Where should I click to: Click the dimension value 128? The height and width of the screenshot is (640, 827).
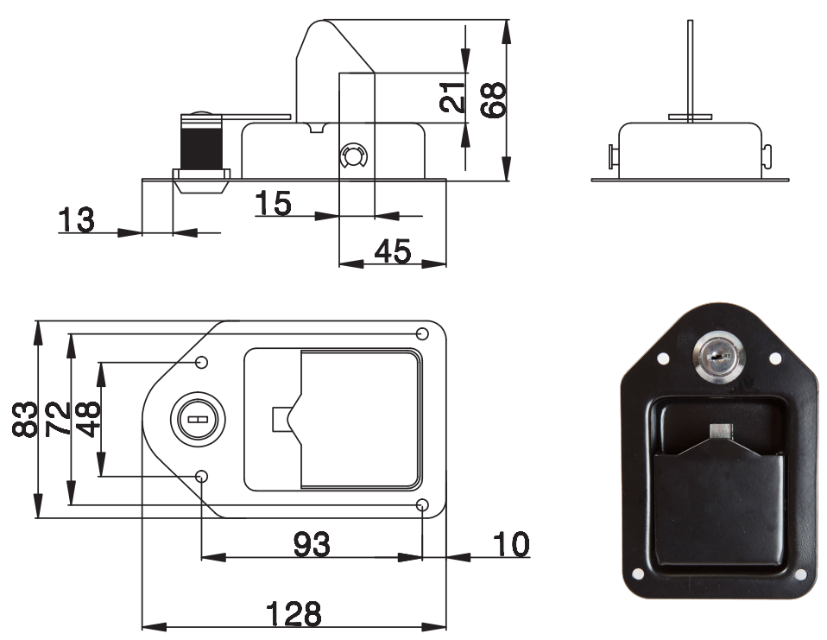[294, 613]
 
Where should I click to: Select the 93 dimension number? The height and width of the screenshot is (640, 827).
[312, 544]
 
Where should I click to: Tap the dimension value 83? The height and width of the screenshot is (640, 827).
[25, 420]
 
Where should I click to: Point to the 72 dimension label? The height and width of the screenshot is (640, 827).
[58, 420]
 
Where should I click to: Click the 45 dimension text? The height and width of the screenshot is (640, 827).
[393, 251]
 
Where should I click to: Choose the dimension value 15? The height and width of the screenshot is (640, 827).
[273, 203]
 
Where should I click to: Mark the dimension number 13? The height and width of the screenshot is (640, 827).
[77, 220]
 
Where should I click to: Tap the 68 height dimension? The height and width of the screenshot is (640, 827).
[493, 99]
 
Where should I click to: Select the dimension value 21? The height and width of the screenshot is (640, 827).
[452, 97]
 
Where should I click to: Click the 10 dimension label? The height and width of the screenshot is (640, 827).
[511, 544]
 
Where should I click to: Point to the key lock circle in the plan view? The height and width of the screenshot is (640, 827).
[198, 420]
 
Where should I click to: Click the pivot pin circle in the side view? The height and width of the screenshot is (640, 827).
[353, 156]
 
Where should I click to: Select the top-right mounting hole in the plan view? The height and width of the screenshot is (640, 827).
[422, 334]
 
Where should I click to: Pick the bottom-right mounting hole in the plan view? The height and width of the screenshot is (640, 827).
[422, 505]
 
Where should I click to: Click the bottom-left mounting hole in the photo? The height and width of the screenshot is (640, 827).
[637, 573]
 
